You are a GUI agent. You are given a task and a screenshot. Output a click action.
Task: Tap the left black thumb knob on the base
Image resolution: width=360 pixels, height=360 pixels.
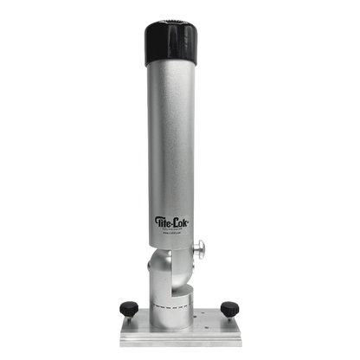pyautogui.click(x=126, y=305)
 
